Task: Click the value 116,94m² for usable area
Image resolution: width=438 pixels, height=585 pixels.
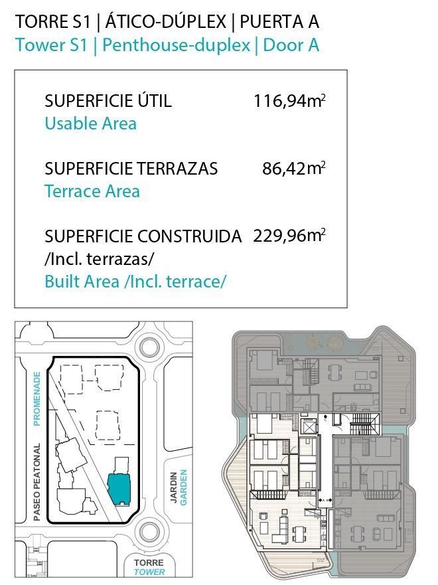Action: coord(289,101)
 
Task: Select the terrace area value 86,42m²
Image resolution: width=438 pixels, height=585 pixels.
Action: coord(294,168)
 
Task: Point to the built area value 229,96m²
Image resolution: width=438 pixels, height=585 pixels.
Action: coord(289,236)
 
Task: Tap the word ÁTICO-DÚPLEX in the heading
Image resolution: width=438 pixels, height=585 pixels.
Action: coord(167,21)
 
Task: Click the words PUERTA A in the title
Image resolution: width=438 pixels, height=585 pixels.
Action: coord(279,22)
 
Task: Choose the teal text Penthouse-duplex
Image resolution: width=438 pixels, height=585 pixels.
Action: coord(177,45)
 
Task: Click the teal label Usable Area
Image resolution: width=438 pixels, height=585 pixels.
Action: coord(90,124)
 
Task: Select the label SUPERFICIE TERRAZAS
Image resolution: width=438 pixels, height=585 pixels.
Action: coord(131,169)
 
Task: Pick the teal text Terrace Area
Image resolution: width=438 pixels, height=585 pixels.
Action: coord(92,191)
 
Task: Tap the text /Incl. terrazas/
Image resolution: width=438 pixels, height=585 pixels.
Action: coord(99,259)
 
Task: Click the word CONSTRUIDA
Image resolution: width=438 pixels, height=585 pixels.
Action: coord(190,236)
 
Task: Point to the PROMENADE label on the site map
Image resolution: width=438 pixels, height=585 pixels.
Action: coord(36,399)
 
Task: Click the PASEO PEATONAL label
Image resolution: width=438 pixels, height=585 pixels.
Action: coord(36,482)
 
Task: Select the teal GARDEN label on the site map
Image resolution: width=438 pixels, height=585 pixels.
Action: coord(183,487)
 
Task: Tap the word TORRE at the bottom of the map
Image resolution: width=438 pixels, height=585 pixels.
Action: coord(149,562)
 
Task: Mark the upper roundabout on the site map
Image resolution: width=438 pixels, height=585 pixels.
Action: coord(149,347)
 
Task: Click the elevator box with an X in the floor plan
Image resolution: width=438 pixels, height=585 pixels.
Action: coord(310,426)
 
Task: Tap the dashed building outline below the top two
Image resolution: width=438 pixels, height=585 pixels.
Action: coord(108,426)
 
